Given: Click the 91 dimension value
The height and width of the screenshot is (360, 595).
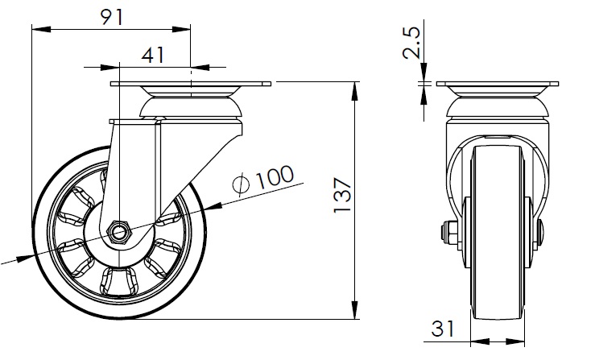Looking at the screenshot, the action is pos(113,18).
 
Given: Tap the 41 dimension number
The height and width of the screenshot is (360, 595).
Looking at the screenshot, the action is pos(153,56).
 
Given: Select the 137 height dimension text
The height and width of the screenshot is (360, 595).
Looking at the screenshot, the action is pos(342,195).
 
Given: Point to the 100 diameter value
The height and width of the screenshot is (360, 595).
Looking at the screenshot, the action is pos(275,176).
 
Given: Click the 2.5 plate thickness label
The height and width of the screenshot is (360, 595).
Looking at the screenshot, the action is pos(411,42).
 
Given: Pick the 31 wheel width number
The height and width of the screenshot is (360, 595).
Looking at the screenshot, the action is pos(443,329).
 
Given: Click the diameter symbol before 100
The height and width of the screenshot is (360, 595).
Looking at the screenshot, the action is pos(242,185).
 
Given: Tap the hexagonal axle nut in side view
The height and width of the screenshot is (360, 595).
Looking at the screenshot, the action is pos(119,232).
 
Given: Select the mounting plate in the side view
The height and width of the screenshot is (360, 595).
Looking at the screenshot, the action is pos(191,84).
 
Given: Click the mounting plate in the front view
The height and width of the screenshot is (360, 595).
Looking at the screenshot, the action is pos(498,84).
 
